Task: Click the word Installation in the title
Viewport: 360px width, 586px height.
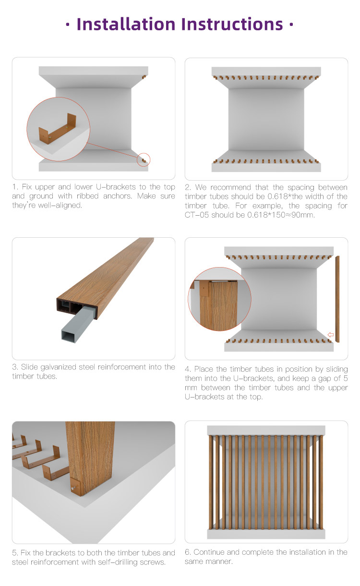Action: (x=126, y=24)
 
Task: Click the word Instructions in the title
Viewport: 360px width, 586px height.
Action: (x=232, y=24)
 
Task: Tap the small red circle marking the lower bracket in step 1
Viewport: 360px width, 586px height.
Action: (x=144, y=159)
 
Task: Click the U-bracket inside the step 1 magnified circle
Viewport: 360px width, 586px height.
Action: (x=58, y=131)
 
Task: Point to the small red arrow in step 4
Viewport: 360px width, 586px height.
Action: (x=331, y=335)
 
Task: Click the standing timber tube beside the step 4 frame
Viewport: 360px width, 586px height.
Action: (x=337, y=299)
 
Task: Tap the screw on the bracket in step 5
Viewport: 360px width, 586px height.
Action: (x=73, y=488)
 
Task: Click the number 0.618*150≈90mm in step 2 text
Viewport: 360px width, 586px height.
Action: (x=281, y=215)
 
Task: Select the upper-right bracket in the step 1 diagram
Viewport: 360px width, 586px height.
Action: (x=144, y=77)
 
